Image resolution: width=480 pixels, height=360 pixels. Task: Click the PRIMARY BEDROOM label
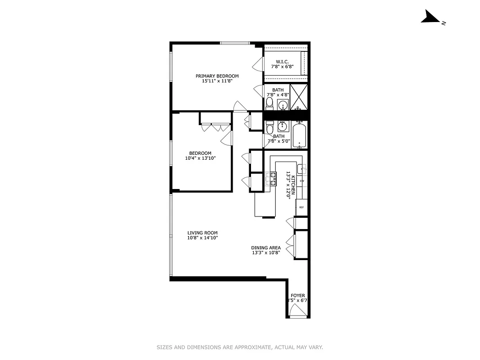click(x=217, y=76)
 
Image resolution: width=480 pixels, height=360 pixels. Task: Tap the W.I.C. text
click(x=282, y=62)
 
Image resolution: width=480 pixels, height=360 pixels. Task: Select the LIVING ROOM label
click(x=202, y=233)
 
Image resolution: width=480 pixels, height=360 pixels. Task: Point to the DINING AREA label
click(x=266, y=247)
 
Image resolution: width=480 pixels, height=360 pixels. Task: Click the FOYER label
click(x=298, y=296)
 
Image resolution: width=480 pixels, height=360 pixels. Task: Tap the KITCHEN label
click(x=293, y=185)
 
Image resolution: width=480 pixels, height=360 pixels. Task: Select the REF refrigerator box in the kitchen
click(x=301, y=207)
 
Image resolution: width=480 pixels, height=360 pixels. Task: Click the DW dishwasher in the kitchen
click(x=302, y=181)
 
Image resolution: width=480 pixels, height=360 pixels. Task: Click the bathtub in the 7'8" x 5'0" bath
click(x=300, y=135)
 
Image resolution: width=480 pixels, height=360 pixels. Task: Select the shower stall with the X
click(x=298, y=97)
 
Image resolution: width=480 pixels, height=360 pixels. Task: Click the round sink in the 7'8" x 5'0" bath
click(x=283, y=126)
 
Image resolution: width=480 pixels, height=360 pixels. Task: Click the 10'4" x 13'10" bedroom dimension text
click(x=200, y=158)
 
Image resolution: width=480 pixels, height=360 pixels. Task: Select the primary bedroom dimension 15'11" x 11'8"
click(x=217, y=81)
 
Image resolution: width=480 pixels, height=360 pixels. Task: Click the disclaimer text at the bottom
click(x=240, y=347)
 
